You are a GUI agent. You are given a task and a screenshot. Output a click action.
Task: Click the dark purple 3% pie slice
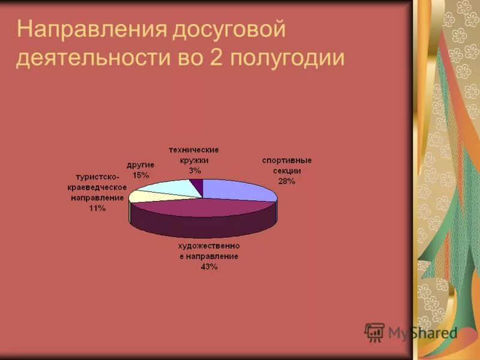pyautogui.click(x=198, y=187)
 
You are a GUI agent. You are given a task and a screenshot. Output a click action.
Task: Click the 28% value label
pyautogui.click(x=286, y=181)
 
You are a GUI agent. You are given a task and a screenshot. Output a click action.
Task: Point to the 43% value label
pyautogui.click(x=209, y=267)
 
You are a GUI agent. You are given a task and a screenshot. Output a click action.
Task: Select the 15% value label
pyautogui.click(x=141, y=175)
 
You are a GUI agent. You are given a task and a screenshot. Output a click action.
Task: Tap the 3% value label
pyautogui.click(x=194, y=170)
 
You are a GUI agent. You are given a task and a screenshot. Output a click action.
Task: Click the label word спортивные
pyautogui.click(x=286, y=161)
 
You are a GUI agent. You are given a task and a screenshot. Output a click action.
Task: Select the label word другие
pyautogui.click(x=141, y=164)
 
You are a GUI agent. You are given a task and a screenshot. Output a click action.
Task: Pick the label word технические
pyautogui.click(x=194, y=150)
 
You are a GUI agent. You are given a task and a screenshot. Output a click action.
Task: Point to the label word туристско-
pyautogui.click(x=98, y=176)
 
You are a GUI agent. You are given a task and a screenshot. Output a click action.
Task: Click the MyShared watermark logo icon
pyautogui.click(x=374, y=332)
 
